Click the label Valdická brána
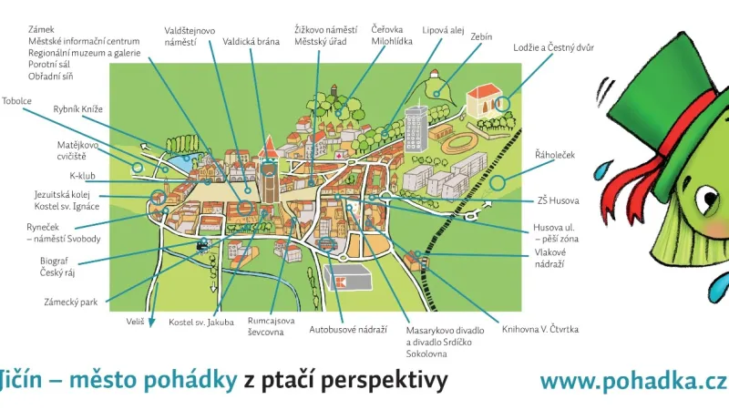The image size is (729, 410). tap(252, 41)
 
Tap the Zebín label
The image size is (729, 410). tap(481, 36)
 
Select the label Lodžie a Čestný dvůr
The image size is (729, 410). tap(553, 46)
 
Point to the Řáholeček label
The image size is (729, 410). tap(554, 156)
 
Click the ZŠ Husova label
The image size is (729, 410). tap(558, 200)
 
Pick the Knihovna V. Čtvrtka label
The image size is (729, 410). tap(540, 329)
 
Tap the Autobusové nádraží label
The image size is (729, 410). tap(348, 329)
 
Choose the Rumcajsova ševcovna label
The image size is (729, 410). tap(272, 326)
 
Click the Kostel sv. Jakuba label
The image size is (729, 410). tap(201, 322)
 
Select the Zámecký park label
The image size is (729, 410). tap(70, 302)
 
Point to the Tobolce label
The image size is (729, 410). tap(17, 101)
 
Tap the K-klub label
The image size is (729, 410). tap(83, 175)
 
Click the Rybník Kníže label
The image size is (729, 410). tap(78, 109)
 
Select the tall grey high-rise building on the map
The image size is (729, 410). tap(416, 128)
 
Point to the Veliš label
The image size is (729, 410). tap(135, 322)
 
